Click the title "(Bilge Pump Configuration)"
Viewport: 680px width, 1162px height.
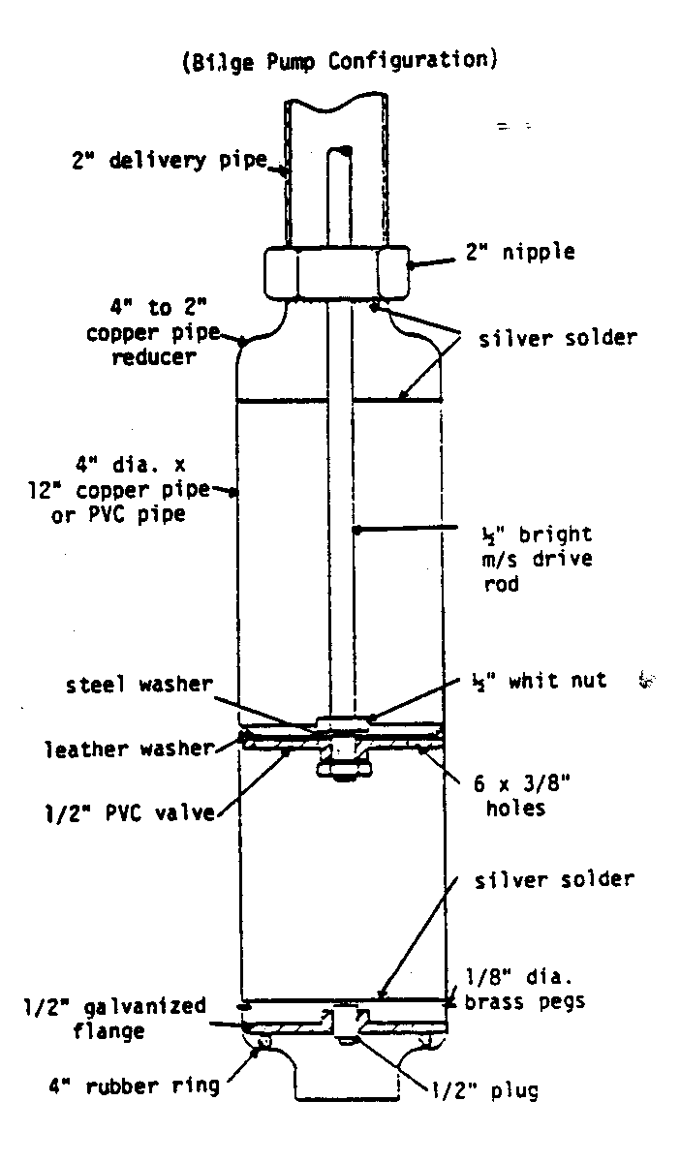coord(339,61)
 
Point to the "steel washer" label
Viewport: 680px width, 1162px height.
coord(138,684)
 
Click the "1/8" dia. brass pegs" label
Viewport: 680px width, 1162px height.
coord(525,990)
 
